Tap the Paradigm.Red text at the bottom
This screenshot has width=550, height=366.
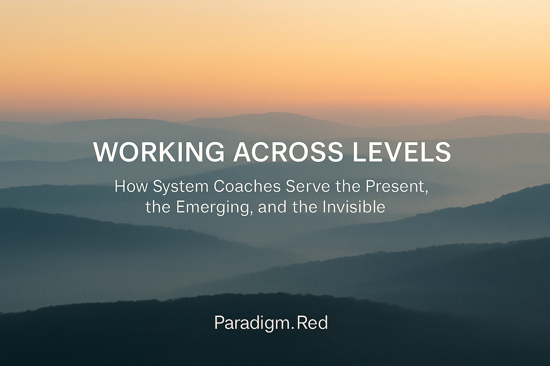tap(271, 323)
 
